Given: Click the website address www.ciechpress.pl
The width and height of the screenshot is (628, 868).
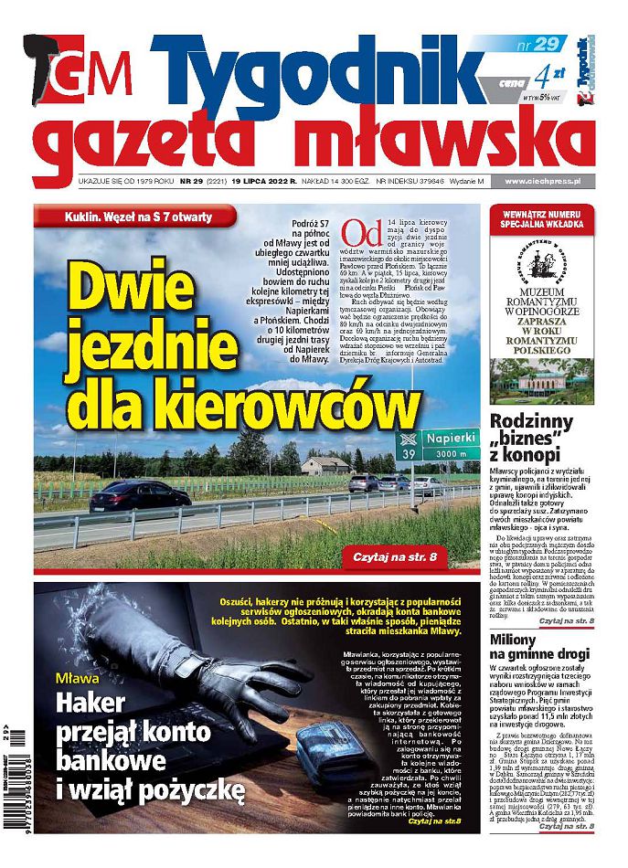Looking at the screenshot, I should click(545, 182).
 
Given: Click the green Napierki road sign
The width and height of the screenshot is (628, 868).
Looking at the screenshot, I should click(441, 445).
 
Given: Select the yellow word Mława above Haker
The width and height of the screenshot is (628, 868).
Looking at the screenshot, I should click(80, 679).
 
